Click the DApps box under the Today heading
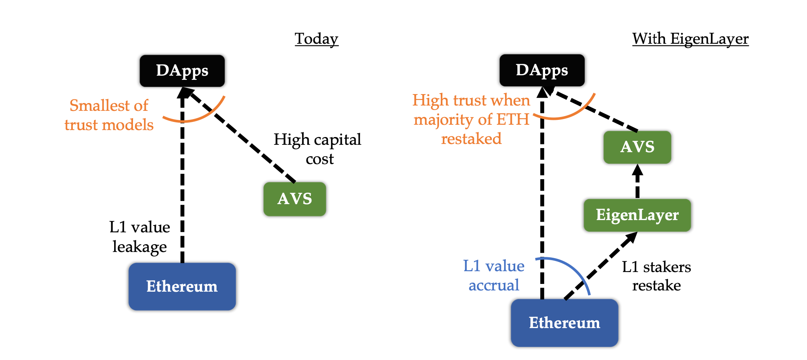[182, 71]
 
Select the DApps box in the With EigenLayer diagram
[542, 70]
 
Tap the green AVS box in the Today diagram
[295, 199]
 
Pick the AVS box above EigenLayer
[637, 147]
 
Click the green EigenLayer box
[637, 215]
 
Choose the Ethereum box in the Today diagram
[182, 286]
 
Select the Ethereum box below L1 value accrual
[564, 323]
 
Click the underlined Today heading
[316, 39]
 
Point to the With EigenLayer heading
[690, 39]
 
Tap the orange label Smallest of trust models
[109, 115]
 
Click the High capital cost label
[318, 149]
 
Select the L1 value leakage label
[140, 237]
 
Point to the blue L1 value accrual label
[494, 275]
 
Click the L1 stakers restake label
[656, 276]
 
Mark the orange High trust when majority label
[471, 119]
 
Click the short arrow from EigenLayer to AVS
[637, 181]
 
